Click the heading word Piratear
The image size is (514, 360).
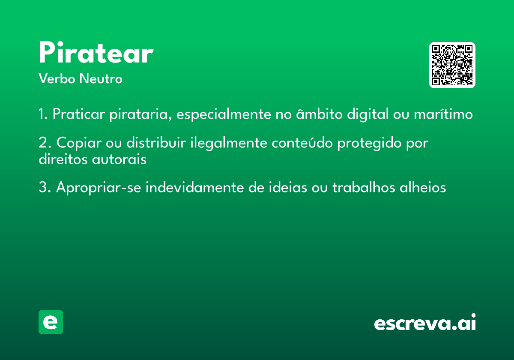(x=96, y=52)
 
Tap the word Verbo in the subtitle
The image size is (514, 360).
(x=57, y=78)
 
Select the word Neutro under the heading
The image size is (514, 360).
(x=101, y=78)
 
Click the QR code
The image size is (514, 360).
(x=452, y=65)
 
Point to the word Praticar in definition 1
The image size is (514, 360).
(x=79, y=114)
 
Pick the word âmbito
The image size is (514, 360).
(x=320, y=114)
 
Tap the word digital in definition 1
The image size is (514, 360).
(x=368, y=114)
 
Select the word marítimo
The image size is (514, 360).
(x=443, y=114)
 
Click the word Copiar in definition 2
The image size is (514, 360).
(x=79, y=143)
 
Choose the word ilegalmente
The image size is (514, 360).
(x=229, y=143)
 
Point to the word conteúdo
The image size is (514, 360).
(x=302, y=143)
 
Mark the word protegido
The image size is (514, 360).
(x=369, y=143)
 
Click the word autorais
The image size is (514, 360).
(x=119, y=159)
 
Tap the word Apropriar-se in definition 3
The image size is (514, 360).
(x=99, y=188)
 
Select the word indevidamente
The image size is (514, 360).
(x=195, y=187)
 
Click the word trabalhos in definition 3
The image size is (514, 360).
(x=364, y=187)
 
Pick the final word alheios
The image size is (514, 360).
(x=423, y=187)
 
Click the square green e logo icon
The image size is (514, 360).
(x=51, y=322)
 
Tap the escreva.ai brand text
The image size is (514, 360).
(x=425, y=322)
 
